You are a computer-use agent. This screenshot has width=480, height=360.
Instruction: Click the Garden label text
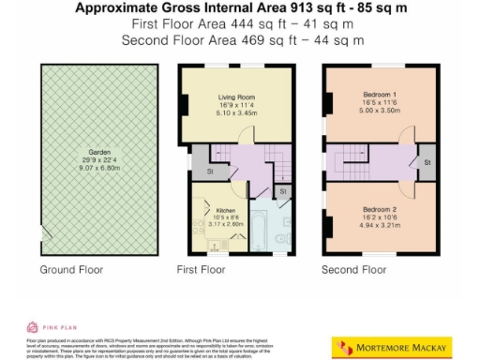coord(99,152)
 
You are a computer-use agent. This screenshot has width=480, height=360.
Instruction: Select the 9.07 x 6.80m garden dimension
coord(99,170)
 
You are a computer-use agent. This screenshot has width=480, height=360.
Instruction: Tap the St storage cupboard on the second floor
coord(427,163)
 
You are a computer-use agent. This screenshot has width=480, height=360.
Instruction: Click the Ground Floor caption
coord(70,270)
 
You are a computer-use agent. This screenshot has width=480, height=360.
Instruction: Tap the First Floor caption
coord(202,270)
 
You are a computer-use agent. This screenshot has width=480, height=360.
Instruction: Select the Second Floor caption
coord(354,270)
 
